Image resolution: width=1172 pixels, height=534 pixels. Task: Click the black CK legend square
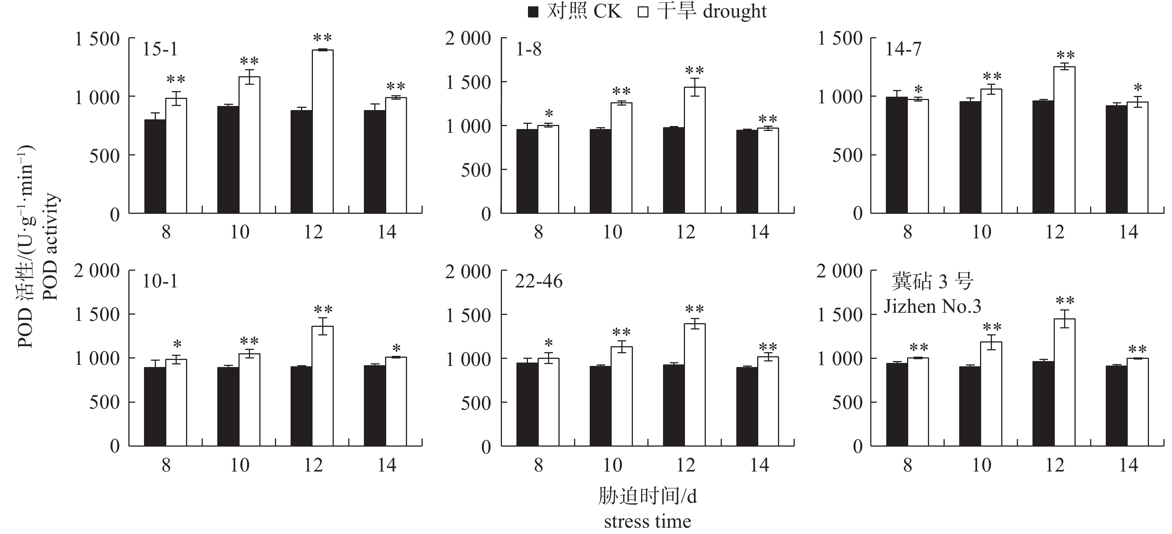pyautogui.click(x=533, y=12)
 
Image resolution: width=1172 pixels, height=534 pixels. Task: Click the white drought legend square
pyautogui.click(x=643, y=12)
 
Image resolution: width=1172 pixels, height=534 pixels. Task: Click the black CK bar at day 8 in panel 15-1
pyautogui.click(x=155, y=167)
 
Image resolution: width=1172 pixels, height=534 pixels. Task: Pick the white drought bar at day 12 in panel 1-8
pyautogui.click(x=695, y=150)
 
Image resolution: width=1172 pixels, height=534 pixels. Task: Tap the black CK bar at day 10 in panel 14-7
pyautogui.click(x=970, y=157)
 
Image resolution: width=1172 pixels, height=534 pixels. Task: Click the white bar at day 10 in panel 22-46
pyautogui.click(x=621, y=396)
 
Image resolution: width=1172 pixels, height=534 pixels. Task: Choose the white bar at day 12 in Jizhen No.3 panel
pyautogui.click(x=1064, y=382)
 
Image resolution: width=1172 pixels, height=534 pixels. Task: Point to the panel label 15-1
pyautogui.click(x=160, y=49)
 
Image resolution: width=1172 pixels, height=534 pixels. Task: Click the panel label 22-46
pyautogui.click(x=539, y=282)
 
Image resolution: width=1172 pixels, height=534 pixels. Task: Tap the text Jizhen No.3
pyautogui.click(x=932, y=306)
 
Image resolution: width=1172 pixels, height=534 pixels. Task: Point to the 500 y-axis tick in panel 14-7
pyautogui.click(x=847, y=155)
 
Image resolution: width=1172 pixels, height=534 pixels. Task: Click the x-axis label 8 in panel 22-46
pyautogui.click(x=539, y=465)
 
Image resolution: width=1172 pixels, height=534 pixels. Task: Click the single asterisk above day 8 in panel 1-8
pyautogui.click(x=549, y=114)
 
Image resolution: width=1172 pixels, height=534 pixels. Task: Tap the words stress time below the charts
pyautogui.click(x=647, y=521)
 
